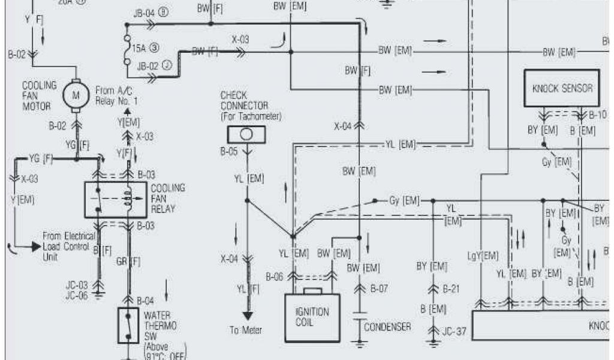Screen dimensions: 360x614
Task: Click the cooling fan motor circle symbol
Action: [x=77, y=94]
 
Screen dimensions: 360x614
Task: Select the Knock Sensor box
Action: [x=561, y=89]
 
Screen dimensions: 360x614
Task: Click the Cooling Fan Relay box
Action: [x=113, y=199]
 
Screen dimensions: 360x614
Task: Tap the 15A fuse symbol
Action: [x=127, y=45]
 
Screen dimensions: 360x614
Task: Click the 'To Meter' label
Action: [x=246, y=330]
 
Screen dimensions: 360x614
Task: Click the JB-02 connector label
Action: [x=148, y=66]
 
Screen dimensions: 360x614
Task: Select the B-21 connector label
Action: [x=451, y=289]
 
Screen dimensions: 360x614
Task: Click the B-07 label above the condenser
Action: [x=379, y=289]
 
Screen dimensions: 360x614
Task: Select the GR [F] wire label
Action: [x=128, y=262]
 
